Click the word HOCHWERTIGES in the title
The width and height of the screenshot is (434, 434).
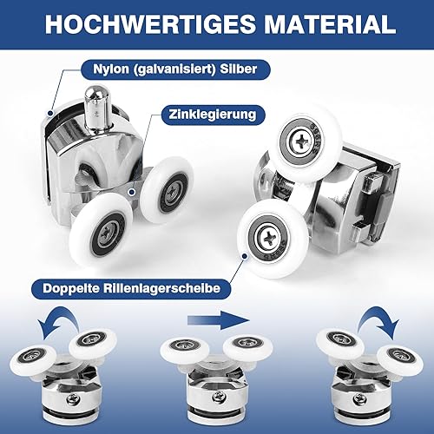coord(150,24)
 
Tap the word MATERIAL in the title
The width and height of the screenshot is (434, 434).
coord(330,24)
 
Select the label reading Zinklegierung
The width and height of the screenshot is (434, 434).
coord(213,115)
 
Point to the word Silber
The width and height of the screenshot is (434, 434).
coord(239,69)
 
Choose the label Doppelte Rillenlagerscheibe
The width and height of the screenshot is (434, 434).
coord(132,288)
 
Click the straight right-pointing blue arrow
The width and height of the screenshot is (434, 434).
coord(219,320)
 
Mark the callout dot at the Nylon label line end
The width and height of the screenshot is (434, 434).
coord(50,113)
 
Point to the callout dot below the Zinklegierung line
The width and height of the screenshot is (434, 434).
coord(132,192)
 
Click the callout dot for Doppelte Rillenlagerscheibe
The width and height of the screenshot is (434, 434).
coord(245,256)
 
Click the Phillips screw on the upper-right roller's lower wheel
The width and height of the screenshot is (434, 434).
coord(269,238)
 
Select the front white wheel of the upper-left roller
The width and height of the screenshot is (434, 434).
coord(101,230)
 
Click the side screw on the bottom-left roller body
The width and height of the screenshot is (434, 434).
coord(71,400)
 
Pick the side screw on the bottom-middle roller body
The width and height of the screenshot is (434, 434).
coord(217,397)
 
